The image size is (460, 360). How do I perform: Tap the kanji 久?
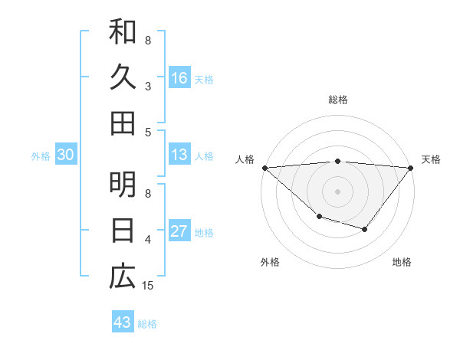pyautogui.click(x=123, y=77)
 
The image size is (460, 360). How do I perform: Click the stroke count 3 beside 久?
pyautogui.click(x=148, y=86)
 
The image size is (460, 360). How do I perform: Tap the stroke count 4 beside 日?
pyautogui.click(x=148, y=240)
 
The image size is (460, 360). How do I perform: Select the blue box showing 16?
pyautogui.click(x=179, y=78)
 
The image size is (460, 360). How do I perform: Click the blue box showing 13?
pyautogui.click(x=179, y=155)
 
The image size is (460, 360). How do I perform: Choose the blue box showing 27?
pyautogui.click(x=179, y=231)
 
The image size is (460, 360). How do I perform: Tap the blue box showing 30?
pyautogui.click(x=65, y=155)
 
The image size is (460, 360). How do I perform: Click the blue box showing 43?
pyautogui.click(x=122, y=322)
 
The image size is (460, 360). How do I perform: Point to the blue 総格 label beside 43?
pyautogui.click(x=148, y=324)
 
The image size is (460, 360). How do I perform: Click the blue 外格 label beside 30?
pyautogui.click(x=41, y=156)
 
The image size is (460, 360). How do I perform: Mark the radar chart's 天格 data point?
pyautogui.click(x=411, y=168)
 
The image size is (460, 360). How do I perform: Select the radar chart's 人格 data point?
pyautogui.click(x=264, y=167)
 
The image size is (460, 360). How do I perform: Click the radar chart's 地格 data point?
pyautogui.click(x=365, y=229)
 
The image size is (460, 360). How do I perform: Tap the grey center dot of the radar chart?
pyautogui.click(x=337, y=191)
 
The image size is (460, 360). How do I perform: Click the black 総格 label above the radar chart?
pyautogui.click(x=337, y=100)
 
